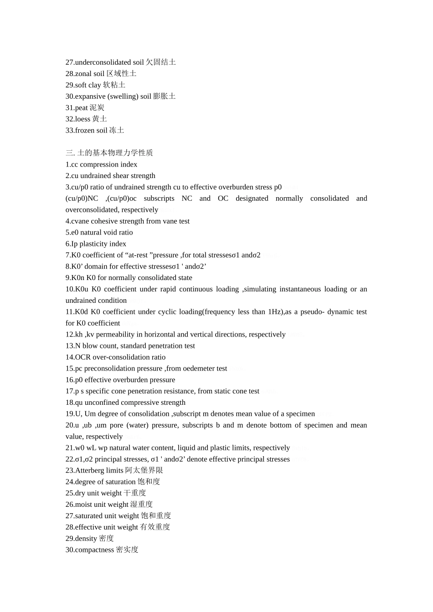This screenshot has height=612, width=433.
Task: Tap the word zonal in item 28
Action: [83, 74]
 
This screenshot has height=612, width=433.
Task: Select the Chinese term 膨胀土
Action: [164, 97]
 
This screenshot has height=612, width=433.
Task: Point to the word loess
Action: [82, 119]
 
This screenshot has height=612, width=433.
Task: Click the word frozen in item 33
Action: [85, 131]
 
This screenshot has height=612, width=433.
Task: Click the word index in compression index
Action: [129, 164]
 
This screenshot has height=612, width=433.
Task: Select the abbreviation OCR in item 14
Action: [83, 357]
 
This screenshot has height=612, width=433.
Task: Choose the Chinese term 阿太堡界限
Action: [144, 470]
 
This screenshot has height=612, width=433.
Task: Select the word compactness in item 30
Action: [94, 550]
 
